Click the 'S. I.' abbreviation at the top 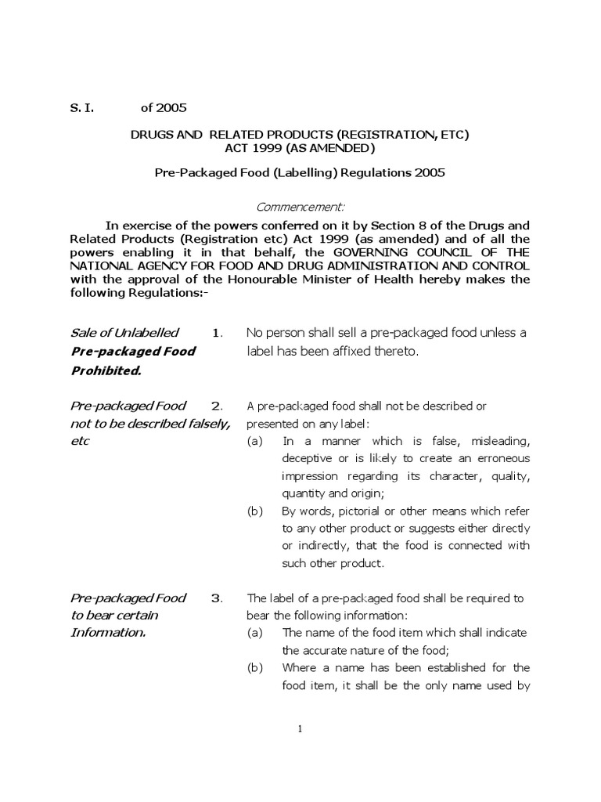[82, 107]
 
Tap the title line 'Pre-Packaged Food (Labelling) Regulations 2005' [300, 173]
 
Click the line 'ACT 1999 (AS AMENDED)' [300, 148]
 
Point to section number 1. [218, 333]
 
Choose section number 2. [218, 406]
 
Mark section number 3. [218, 598]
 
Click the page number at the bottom [300, 728]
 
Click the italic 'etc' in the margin [80, 441]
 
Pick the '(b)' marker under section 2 [255, 511]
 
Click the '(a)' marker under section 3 [255, 633]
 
